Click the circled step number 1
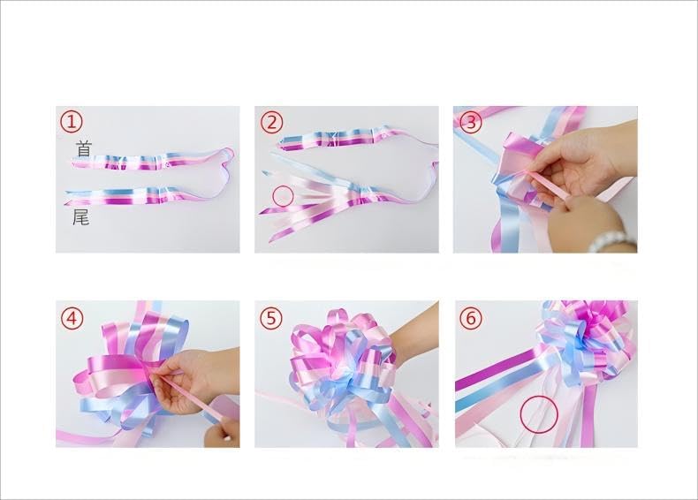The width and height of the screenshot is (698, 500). [x=70, y=122]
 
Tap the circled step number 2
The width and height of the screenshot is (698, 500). [x=271, y=122]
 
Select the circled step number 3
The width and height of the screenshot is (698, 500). [x=470, y=122]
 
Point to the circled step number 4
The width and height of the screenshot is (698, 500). [x=72, y=316]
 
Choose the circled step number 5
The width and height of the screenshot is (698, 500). [x=271, y=316]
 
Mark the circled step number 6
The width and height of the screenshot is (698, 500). [x=470, y=316]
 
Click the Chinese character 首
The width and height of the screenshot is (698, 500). [x=83, y=149]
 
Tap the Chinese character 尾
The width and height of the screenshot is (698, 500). [x=80, y=216]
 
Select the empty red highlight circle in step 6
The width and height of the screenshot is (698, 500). [x=538, y=413]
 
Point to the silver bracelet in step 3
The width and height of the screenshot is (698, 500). [x=610, y=239]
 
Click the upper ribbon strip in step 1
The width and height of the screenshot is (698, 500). [x=150, y=163]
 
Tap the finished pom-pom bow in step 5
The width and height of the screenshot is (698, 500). [x=340, y=362]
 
